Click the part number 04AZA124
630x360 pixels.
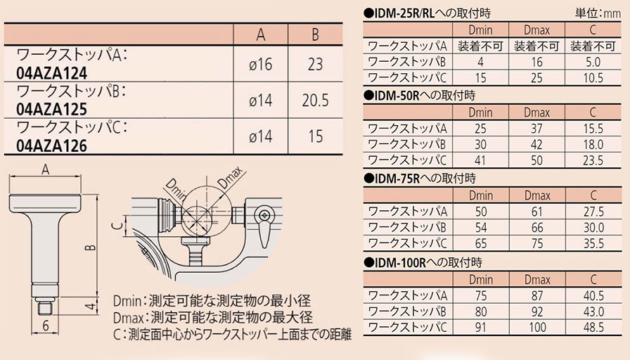51,74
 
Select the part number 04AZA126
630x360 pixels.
51,146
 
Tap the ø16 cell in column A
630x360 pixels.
260,64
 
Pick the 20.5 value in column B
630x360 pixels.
316,101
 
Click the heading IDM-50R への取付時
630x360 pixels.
419,96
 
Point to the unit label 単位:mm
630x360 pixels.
598,13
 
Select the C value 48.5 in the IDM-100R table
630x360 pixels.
593,327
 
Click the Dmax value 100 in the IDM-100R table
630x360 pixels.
537,327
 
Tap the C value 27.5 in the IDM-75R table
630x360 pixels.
593,212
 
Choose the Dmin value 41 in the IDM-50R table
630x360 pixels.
480,160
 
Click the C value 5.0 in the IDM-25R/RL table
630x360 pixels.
593,62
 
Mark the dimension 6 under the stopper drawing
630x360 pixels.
46,326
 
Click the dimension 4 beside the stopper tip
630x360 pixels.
91,307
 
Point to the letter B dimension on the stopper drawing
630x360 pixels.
91,247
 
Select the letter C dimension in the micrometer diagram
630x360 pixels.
117,226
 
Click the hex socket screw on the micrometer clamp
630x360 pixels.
264,215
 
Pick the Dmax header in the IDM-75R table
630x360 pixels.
537,195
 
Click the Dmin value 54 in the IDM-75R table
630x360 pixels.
480,227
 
